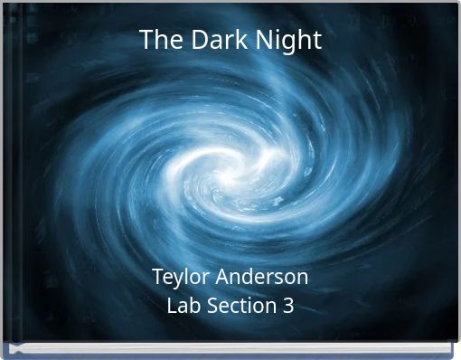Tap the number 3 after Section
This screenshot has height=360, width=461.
coord(287,306)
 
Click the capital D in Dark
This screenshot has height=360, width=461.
coord(191,40)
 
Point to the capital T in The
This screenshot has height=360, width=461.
coord(146,40)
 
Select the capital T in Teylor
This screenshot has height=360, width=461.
coord(157,276)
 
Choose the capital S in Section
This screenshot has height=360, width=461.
coord(212,306)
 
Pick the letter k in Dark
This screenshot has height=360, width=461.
coord(226,40)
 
